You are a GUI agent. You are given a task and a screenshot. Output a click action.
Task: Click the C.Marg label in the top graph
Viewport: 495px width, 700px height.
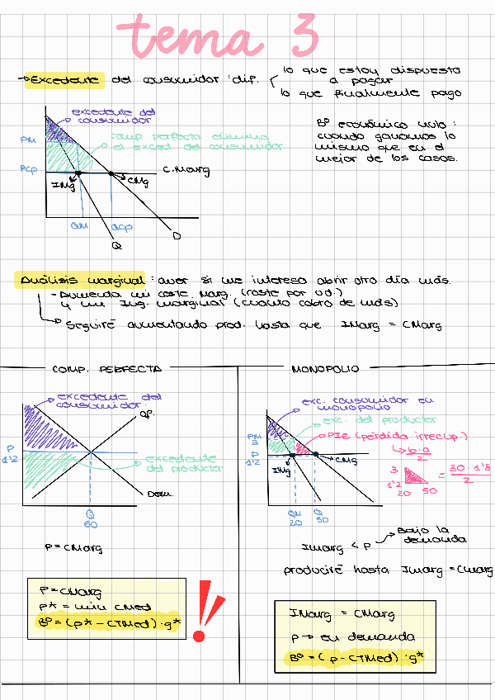(186, 171)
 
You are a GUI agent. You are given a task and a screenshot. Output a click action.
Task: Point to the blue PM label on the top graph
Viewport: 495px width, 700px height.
(26, 140)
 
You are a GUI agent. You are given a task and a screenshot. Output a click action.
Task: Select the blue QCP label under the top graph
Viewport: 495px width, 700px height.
(121, 226)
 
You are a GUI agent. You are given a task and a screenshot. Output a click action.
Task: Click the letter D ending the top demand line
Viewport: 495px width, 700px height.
(177, 236)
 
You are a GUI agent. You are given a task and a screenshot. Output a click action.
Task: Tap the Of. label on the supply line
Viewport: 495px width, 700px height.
(148, 413)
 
